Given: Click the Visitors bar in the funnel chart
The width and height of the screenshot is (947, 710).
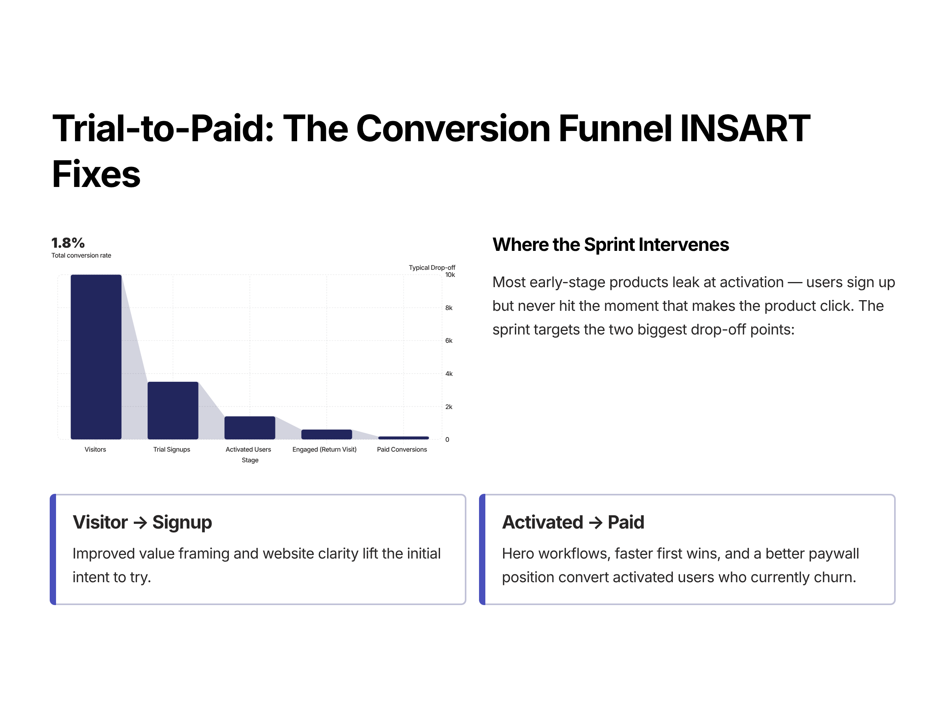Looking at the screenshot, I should coord(96,357).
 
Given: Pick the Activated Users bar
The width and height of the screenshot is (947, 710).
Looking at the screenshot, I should coord(250,428).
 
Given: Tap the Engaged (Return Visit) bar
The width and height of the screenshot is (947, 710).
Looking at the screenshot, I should coord(326,434).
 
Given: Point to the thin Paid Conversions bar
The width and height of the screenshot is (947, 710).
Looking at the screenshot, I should coord(403,438).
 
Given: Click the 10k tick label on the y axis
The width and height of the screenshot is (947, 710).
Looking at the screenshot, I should coord(450,275).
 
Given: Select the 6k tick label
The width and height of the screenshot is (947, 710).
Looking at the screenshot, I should coord(449,341).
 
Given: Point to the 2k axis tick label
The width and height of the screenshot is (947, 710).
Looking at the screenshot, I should coord(449,407).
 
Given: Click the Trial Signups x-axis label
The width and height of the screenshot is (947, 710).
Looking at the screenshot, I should coord(172,449).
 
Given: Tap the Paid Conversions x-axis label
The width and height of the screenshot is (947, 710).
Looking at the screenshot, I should coord(402,449).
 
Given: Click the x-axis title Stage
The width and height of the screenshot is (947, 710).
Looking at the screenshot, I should coord(250,460).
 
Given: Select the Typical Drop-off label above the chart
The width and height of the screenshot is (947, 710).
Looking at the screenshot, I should coord(432,267).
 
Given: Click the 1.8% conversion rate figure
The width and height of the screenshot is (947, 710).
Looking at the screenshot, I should coord(68,243).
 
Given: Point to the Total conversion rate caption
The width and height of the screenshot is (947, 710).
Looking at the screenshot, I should coord(81,256).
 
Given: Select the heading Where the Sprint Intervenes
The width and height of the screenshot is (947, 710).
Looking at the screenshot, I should coord(610,245).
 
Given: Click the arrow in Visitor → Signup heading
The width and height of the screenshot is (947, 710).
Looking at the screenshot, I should coord(140,523).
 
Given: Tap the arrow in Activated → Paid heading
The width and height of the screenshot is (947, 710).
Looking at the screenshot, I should coord(595,523).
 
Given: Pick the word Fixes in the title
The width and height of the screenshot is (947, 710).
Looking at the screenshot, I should coord(96,174).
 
